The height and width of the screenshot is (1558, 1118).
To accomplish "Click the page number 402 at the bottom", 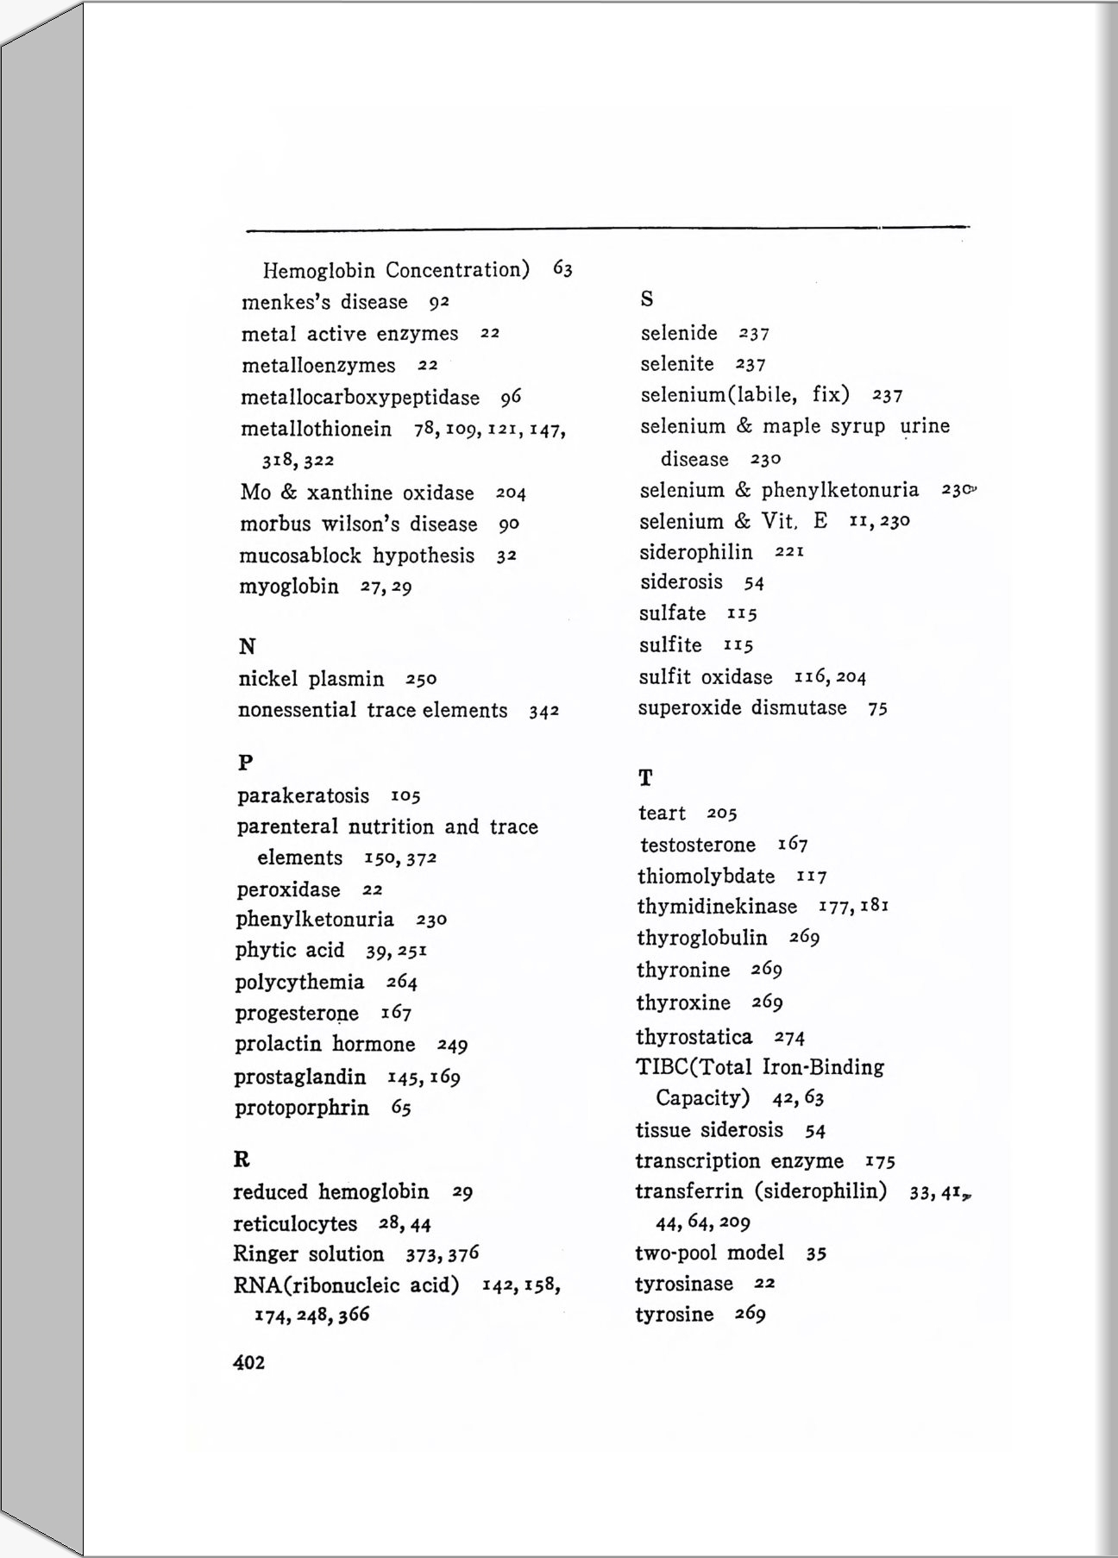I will coord(248,1362).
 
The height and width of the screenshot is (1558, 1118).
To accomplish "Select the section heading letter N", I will coord(247,647).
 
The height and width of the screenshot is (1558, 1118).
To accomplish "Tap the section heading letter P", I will coord(246,763).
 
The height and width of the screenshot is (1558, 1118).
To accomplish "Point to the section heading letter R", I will coord(242,1159).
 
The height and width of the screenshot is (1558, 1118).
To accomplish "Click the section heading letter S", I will coord(647,299).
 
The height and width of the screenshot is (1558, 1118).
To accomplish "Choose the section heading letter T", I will coord(645,778).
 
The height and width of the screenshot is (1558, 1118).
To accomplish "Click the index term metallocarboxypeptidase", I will coord(360,398).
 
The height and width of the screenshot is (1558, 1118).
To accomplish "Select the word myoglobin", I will coord(289,587).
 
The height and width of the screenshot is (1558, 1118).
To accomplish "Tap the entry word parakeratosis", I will coord(303,795).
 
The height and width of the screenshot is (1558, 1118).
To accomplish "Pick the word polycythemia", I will coord(299,983).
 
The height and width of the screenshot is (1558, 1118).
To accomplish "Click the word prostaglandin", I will coord(299,1077).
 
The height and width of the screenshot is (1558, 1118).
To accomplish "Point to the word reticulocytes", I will coord(295,1224).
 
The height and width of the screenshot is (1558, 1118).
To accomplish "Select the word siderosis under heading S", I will coord(681,582).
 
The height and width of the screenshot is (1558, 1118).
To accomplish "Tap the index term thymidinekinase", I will coord(717,907).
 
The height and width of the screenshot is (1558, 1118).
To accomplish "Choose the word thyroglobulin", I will coord(701,938).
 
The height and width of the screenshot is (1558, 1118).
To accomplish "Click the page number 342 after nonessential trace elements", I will coord(544,712).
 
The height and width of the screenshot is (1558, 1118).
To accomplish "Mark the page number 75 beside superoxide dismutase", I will coord(878,709).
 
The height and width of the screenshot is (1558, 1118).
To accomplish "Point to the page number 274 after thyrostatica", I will coord(789,1037).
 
